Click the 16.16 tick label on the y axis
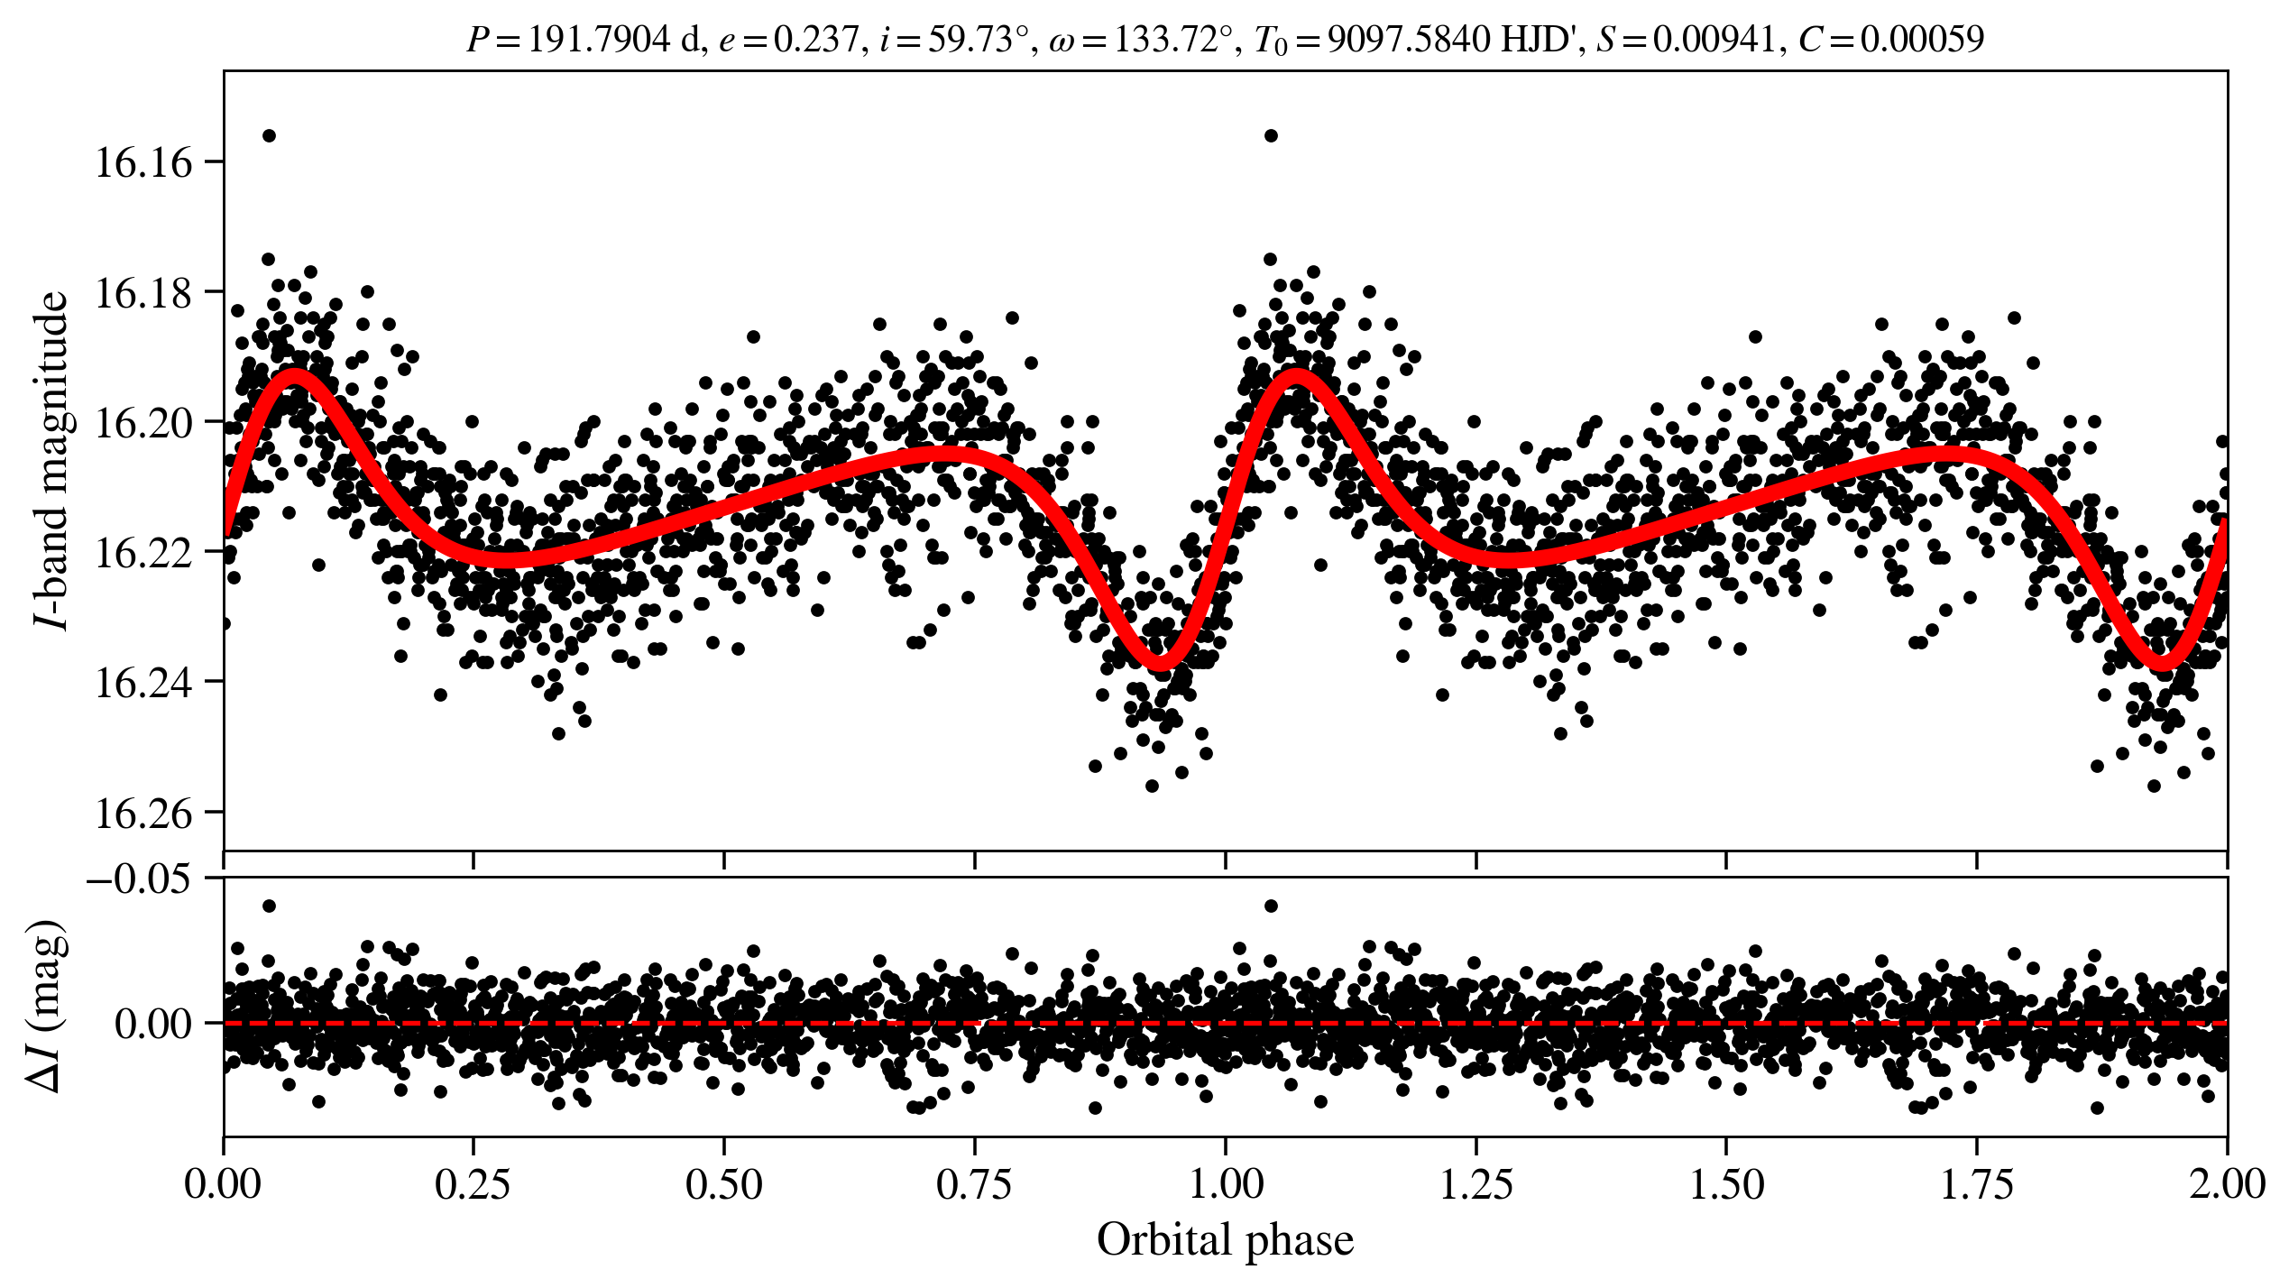143,163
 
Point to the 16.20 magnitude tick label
143,423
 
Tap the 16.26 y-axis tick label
143,814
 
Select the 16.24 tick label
143,683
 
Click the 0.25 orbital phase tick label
473,1184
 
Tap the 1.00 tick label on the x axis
1225,1184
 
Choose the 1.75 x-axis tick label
1976,1184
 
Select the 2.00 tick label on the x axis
2226,1184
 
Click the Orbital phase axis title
1225,1240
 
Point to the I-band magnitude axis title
51,460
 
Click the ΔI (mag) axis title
47,1007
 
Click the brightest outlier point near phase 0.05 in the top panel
269,136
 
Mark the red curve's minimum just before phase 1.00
1161,665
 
